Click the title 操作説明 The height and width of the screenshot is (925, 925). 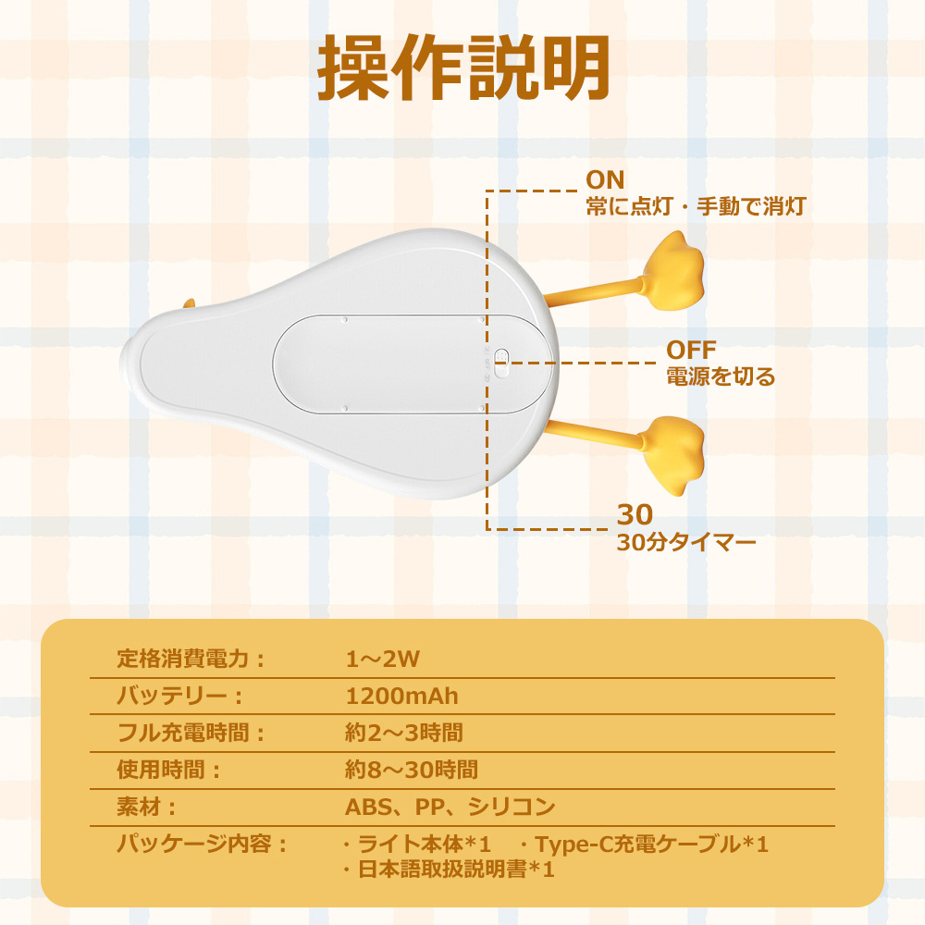click(463, 69)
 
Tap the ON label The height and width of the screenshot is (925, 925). click(605, 179)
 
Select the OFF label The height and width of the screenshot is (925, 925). click(691, 350)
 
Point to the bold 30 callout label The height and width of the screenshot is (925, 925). click(635, 514)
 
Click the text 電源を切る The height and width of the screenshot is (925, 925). click(721, 376)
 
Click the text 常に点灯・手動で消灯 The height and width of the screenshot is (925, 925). click(695, 205)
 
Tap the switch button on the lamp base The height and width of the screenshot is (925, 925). click(501, 362)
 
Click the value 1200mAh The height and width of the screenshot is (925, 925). click(401, 696)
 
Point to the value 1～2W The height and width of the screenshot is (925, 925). click(383, 660)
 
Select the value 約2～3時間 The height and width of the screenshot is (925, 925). click(403, 733)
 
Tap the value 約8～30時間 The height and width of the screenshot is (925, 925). click(411, 769)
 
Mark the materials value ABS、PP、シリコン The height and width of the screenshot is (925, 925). click(450, 807)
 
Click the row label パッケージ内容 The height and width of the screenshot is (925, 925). click(203, 844)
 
